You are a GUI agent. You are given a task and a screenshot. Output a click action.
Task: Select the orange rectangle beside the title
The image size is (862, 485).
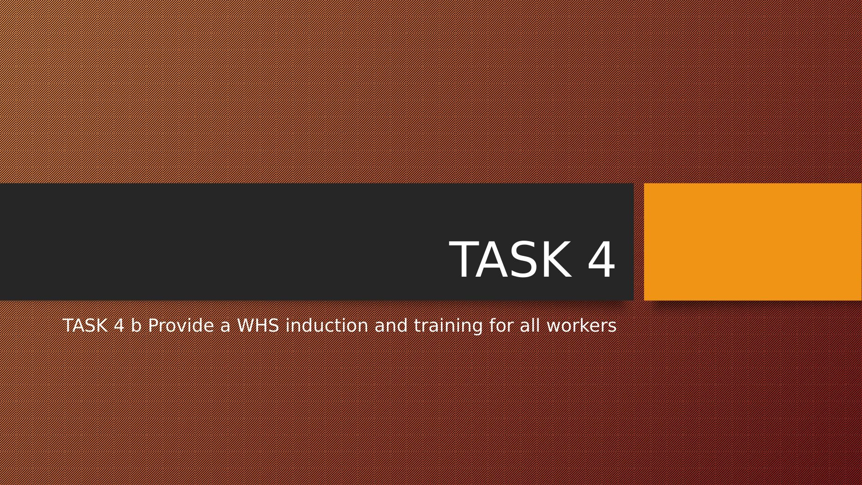pos(753,242)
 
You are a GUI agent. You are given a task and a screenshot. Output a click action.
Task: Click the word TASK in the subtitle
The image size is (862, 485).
pos(85,326)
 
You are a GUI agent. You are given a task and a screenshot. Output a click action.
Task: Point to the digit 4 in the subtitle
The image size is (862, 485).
pos(119,326)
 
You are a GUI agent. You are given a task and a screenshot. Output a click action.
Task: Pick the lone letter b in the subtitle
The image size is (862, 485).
pos(136,325)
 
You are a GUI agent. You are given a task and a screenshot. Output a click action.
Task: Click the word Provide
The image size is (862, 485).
pos(181,325)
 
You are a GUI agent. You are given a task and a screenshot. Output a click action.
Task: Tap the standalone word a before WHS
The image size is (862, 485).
pos(225,327)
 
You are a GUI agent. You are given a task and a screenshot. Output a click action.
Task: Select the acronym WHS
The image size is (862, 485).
pos(258,326)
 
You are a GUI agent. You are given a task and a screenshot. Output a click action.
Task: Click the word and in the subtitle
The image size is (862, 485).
pos(391,325)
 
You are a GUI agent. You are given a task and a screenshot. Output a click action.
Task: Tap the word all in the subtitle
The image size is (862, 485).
pos(530,325)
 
